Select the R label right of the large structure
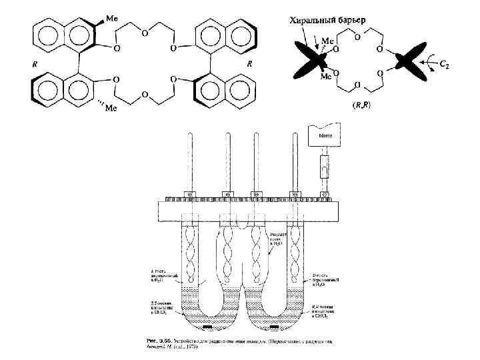tap(249, 65)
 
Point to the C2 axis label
tap(443, 64)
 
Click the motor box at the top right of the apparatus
tap(325, 138)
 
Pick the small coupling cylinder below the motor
tap(325, 163)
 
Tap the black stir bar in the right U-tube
tap(275, 327)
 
